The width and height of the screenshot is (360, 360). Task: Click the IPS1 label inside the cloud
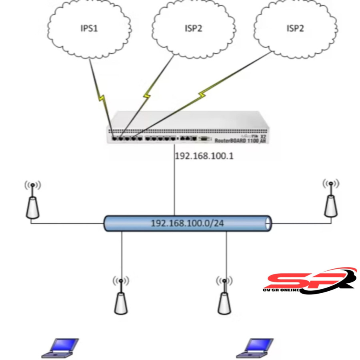(90, 28)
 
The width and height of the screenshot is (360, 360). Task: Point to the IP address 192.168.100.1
(204, 156)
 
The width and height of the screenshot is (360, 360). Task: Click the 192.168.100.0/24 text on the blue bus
(187, 223)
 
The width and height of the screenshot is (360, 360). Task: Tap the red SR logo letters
(304, 280)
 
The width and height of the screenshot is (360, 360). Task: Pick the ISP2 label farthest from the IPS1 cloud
(295, 28)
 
